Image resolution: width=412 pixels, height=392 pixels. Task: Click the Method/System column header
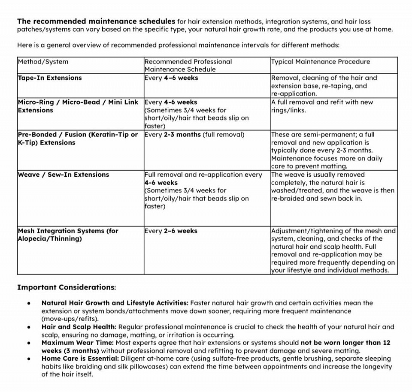tap(43, 62)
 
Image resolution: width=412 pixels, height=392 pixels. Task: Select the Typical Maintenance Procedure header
tap(320, 62)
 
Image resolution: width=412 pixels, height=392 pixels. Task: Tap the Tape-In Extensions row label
tap(50, 78)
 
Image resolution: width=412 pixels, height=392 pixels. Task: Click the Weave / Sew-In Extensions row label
tap(64, 175)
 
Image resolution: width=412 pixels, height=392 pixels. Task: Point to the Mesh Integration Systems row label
tap(68, 235)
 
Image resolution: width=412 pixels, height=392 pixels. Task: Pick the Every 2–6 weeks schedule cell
tap(171, 231)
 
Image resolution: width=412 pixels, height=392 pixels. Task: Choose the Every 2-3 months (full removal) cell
tap(194, 135)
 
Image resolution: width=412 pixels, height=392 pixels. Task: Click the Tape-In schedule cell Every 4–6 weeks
tap(171, 78)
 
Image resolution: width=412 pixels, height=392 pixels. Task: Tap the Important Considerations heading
tap(67, 287)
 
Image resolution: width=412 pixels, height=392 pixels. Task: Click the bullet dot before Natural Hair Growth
tap(28, 303)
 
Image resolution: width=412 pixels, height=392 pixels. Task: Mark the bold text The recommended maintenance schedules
tap(96, 21)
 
